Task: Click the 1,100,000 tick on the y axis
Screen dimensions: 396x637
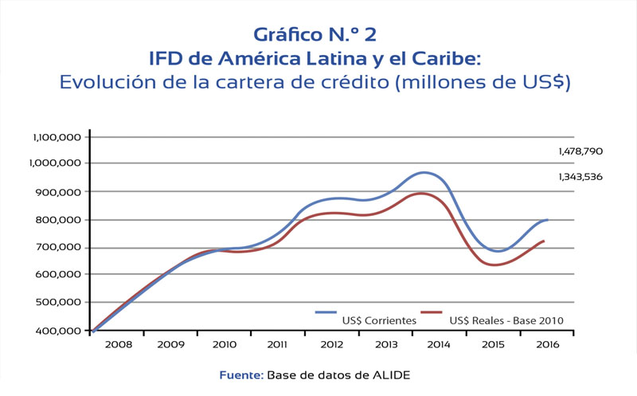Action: coord(57,137)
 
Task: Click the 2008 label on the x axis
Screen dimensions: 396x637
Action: coord(117,345)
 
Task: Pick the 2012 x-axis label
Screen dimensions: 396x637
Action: coord(332,345)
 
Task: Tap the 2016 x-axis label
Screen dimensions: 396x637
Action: coord(547,345)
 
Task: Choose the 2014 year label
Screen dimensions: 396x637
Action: coord(440,345)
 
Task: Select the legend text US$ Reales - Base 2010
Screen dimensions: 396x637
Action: coord(506,321)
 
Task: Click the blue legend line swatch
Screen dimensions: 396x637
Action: coord(326,312)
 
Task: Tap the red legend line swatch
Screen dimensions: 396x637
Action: coord(431,312)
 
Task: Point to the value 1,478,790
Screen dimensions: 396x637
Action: coord(580,151)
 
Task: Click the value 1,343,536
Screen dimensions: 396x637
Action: coord(580,177)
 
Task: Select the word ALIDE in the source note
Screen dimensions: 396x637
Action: coord(393,374)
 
